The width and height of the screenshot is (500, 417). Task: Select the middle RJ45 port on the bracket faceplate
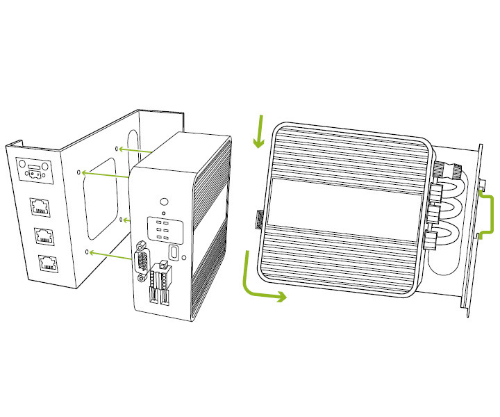pos(44,236)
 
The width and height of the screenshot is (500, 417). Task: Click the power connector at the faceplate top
pos(35,169)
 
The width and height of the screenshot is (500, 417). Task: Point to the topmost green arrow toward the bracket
pos(135,149)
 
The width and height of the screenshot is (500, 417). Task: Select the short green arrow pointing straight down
pos(259,132)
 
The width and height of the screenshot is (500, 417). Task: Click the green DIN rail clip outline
pos(486,216)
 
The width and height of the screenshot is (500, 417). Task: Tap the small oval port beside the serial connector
pos(175,251)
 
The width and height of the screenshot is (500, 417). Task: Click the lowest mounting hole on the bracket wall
pos(87,252)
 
